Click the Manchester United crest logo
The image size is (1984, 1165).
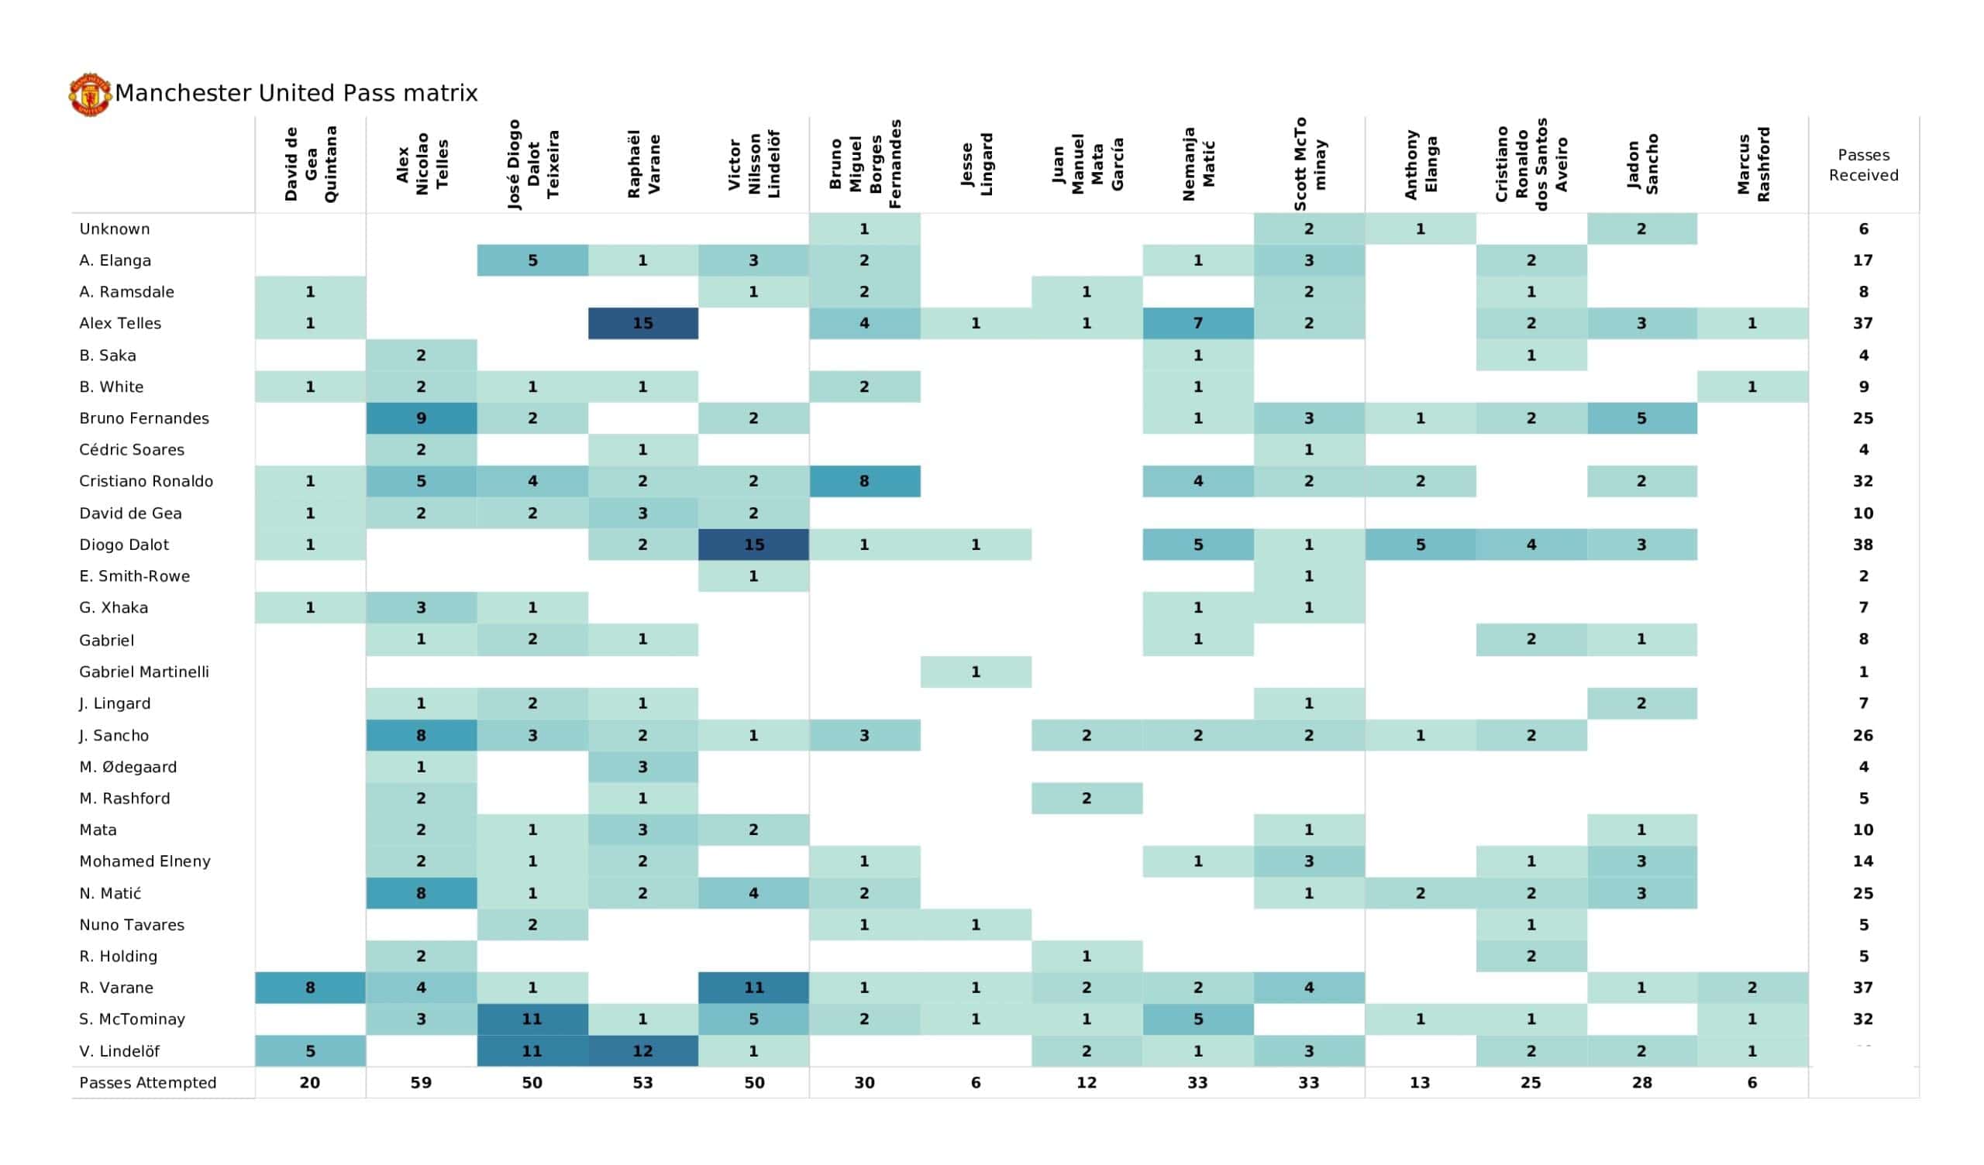[90, 95]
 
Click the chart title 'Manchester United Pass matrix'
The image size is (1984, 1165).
[297, 93]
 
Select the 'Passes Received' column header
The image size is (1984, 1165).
[1863, 164]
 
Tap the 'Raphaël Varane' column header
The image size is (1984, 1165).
[643, 164]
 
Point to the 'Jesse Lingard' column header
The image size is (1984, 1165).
[976, 164]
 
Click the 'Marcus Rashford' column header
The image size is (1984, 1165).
[1752, 164]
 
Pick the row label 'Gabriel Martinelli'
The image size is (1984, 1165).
[144, 672]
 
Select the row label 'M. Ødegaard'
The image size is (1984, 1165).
[128, 767]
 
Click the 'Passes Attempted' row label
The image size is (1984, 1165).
[147, 1082]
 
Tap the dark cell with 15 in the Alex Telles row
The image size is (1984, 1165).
[643, 324]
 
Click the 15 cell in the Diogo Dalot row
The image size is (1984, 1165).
[753, 545]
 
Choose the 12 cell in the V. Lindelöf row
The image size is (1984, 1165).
[643, 1051]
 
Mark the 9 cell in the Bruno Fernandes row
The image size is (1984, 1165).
[421, 418]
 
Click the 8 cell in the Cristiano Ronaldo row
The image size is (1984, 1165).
[864, 481]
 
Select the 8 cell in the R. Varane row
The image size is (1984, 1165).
[310, 987]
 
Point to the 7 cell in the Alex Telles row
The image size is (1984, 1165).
[1197, 324]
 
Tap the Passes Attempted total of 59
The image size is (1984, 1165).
[421, 1082]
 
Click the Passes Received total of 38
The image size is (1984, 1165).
[1863, 545]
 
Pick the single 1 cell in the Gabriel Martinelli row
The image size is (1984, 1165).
[976, 672]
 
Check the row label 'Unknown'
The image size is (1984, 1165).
[114, 229]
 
